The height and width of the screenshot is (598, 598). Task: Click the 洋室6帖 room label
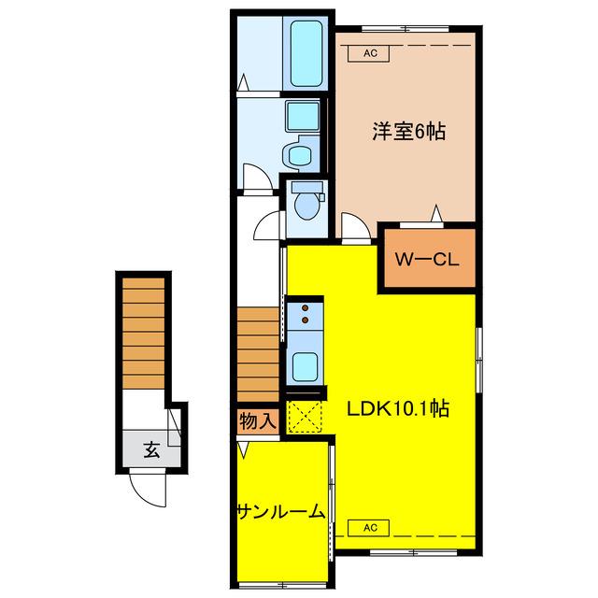(408, 132)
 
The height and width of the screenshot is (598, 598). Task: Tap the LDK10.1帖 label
(398, 409)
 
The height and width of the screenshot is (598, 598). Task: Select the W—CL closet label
(427, 260)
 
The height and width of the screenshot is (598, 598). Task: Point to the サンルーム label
(281, 512)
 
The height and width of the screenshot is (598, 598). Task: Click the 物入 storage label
(258, 421)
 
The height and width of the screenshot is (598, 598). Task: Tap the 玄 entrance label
(151, 450)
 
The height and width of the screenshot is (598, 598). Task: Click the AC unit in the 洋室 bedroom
(368, 53)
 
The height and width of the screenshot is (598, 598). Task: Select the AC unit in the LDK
(368, 528)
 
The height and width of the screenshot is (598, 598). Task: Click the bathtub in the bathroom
(306, 53)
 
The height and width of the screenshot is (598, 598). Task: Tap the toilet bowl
(307, 206)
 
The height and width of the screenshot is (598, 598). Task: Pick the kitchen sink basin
(306, 366)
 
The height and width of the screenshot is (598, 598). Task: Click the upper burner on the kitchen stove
(306, 307)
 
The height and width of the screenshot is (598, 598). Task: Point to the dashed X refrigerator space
(305, 417)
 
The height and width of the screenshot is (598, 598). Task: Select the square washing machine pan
(303, 116)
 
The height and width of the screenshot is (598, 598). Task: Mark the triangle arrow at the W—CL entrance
(436, 213)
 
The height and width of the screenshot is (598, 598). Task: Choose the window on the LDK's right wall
(479, 360)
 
